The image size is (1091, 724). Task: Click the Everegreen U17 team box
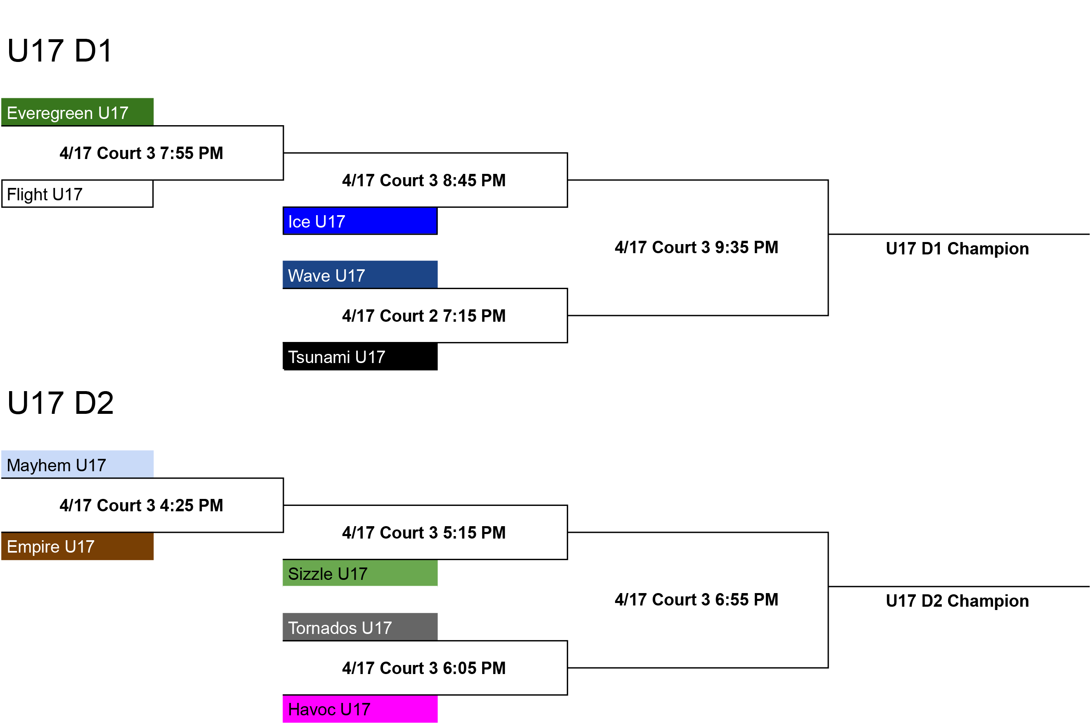78,112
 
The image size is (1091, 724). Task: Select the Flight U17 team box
78,194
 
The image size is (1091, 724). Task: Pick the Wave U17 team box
360,275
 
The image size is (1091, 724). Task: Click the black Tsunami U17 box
360,356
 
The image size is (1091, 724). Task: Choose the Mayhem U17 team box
78,464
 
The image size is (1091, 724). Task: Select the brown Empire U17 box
78,546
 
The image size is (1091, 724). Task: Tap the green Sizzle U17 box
360,573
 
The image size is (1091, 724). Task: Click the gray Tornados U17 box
360,627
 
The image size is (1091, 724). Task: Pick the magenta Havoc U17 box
360,709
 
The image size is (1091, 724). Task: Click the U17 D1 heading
60,50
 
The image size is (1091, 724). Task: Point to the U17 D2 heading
60,403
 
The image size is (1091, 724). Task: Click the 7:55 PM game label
141,153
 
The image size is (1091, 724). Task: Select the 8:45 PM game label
424,180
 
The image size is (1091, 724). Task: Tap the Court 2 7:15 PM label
424,316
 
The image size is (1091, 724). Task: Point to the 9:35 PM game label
696,247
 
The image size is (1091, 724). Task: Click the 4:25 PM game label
141,506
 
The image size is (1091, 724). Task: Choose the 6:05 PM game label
424,668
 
